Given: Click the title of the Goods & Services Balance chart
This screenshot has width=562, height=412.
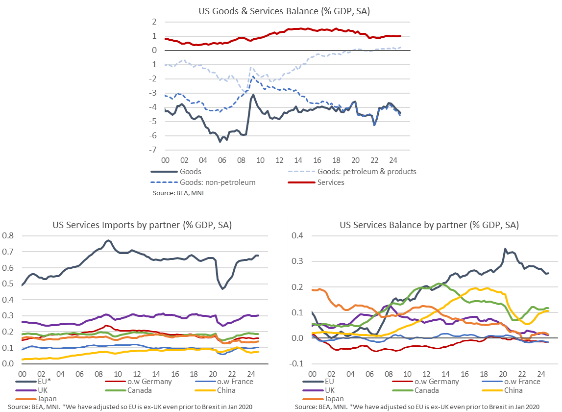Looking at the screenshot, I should coord(283,11).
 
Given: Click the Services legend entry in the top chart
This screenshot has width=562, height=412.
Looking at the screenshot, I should coord(331,182).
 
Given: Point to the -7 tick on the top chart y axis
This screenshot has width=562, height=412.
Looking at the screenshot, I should coord(153,150).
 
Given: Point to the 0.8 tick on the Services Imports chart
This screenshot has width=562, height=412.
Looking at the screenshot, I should coord(9,236).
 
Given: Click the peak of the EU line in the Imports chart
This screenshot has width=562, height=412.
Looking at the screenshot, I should coord(108,240).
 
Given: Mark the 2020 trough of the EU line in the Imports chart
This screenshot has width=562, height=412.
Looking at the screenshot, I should coord(222,288).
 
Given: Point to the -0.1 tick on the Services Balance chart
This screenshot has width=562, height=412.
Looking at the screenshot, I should coord(297,364).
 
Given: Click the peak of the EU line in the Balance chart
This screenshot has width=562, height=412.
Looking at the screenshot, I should coord(505,249).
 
